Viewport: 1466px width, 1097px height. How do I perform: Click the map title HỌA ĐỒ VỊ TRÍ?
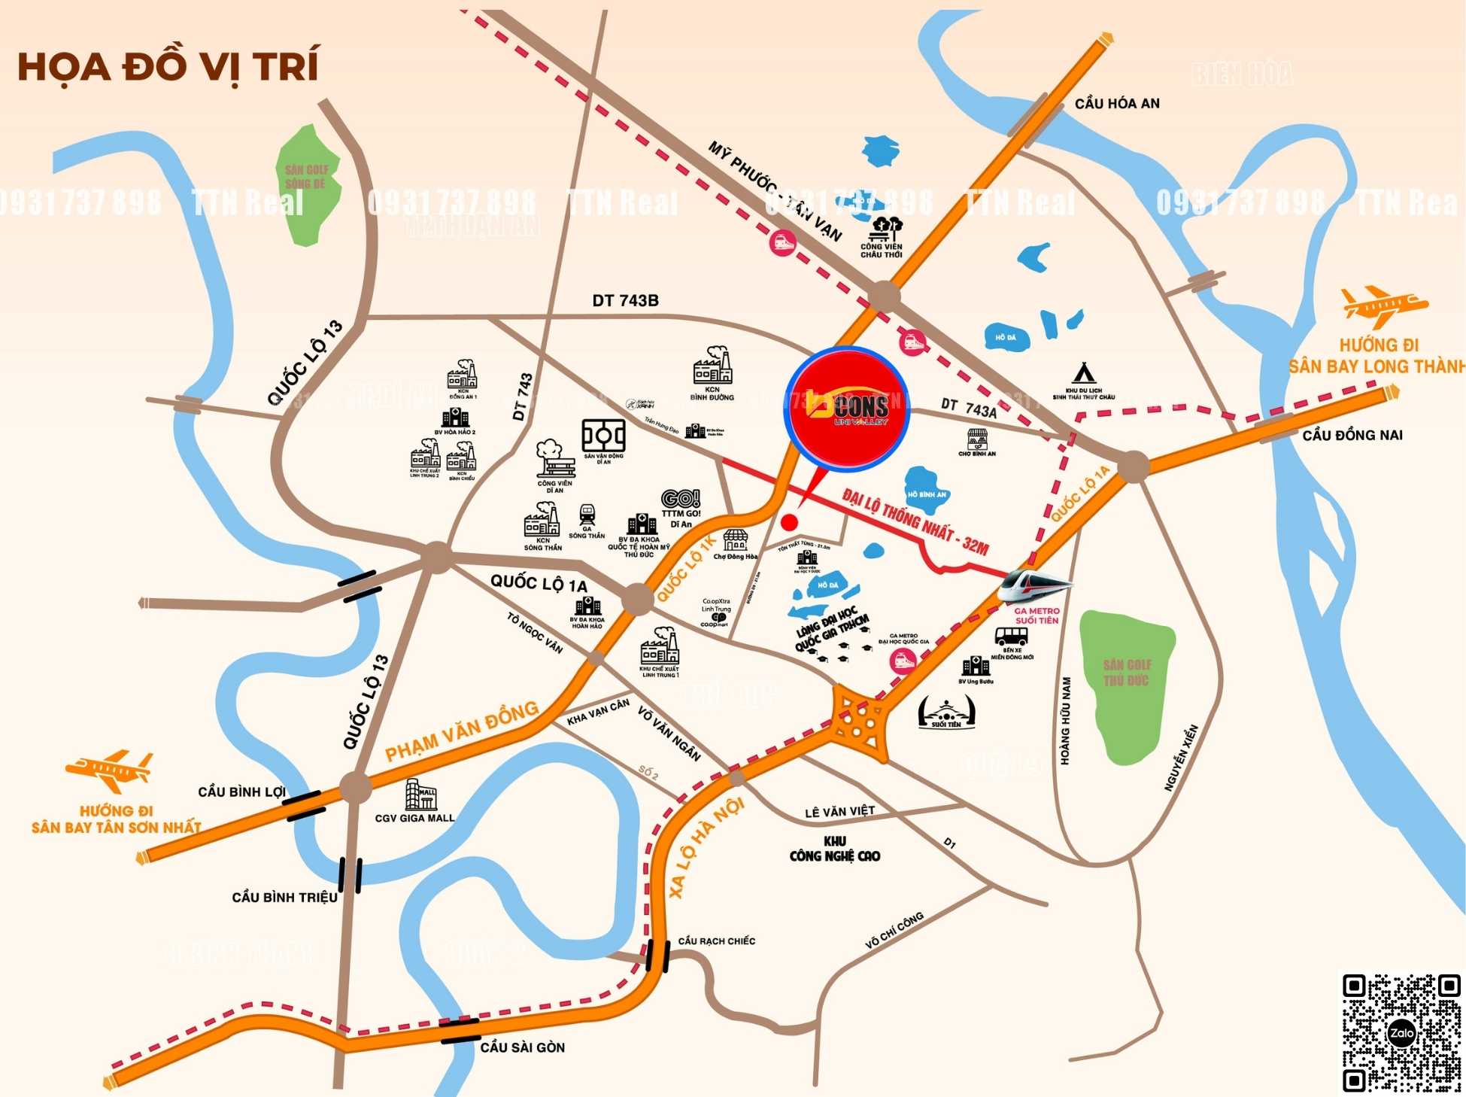pos(168,66)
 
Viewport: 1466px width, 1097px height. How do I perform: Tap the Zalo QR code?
pos(1401,1032)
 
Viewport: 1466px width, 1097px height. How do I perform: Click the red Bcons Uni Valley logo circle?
pos(847,409)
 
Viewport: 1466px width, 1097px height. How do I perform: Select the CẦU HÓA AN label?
pos(1117,104)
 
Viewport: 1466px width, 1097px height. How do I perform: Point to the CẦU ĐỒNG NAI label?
pos(1352,435)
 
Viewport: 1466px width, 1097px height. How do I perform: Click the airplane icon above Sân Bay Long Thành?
pos(1384,305)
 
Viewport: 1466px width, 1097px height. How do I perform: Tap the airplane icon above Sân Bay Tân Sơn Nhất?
pos(111,770)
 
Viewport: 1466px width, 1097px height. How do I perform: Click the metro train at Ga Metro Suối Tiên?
pos(1033,586)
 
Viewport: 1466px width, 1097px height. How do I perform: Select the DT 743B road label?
pos(625,301)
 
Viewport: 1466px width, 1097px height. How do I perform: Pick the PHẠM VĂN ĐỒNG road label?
pos(462,731)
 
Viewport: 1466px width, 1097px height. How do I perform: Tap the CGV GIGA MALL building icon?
pos(420,795)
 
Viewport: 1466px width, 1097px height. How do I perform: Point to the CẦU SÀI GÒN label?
pos(522,1047)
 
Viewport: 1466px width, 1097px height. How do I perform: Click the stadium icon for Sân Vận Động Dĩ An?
pos(603,436)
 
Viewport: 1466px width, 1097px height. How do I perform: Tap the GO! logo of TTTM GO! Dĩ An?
pos(681,498)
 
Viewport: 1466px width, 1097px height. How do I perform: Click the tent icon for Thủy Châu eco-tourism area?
pos(1082,373)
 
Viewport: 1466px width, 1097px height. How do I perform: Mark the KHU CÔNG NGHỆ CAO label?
pos(835,849)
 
